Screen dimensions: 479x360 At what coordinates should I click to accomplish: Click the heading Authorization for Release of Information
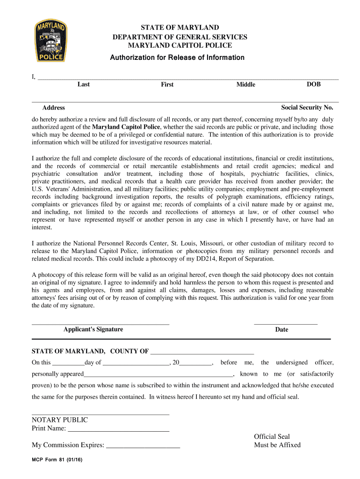177,58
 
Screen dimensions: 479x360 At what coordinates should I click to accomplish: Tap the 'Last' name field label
84,85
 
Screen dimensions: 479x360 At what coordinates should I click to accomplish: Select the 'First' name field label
167,85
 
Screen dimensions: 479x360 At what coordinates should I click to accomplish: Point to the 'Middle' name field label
245,85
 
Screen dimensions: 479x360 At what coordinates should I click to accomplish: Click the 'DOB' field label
313,84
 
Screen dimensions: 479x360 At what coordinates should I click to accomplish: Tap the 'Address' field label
53,108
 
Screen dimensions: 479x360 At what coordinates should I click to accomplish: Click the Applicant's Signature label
93,329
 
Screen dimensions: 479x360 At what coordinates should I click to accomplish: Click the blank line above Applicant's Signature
100,323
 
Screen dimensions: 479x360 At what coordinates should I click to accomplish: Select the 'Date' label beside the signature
281,330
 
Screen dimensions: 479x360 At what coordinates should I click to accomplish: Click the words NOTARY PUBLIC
59,420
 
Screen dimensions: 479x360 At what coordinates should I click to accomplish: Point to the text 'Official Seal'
272,436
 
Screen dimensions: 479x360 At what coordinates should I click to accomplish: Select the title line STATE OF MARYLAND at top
180,28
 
